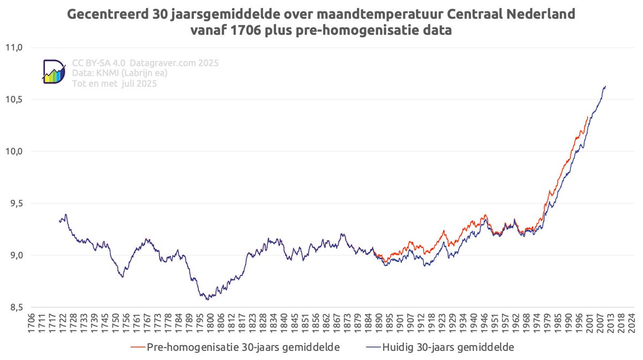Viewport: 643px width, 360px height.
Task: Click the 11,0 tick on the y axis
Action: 16,48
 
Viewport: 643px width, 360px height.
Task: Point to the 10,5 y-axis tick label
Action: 16,100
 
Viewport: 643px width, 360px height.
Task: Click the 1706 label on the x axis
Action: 32,324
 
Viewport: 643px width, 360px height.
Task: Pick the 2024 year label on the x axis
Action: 632,324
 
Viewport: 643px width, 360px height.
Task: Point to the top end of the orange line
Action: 587,116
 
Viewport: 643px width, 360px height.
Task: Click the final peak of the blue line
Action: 605,86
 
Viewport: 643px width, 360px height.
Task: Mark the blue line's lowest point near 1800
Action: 207,299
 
